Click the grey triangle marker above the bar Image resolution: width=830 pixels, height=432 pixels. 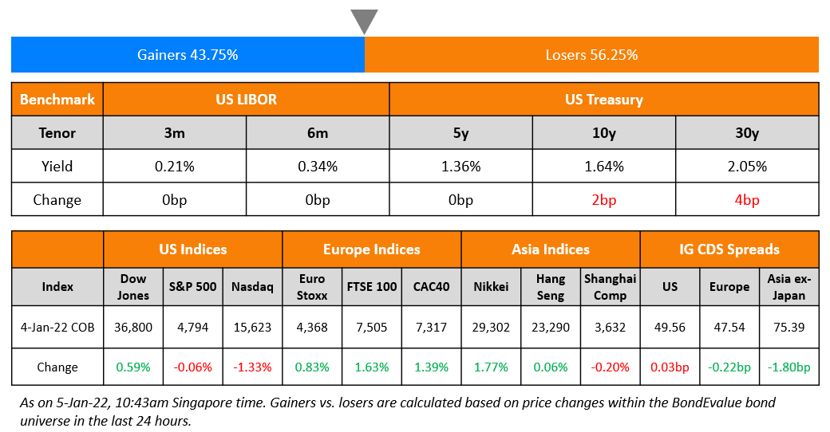point(364,20)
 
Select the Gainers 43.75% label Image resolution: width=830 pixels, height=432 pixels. point(188,55)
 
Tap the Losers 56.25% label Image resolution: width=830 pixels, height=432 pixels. point(591,55)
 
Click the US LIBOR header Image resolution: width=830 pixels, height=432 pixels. point(247,100)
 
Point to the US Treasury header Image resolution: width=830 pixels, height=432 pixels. point(603,100)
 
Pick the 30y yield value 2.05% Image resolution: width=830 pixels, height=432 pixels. point(747,167)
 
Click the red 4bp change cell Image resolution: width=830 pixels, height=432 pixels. point(747,199)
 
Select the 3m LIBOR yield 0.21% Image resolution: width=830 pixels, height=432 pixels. point(174,167)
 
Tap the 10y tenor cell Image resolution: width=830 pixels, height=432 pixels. point(604,133)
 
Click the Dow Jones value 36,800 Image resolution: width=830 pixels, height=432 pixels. point(133,326)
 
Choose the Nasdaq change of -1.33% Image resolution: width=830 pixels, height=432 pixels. point(251,367)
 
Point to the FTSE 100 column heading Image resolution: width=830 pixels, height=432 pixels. point(372,287)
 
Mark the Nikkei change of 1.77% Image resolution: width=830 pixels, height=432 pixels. point(492,367)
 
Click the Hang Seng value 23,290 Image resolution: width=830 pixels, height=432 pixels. point(551,326)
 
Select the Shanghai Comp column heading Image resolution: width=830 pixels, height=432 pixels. point(611,287)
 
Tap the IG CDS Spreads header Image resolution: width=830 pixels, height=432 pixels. point(729,249)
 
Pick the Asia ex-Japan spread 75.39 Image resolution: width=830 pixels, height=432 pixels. point(788,326)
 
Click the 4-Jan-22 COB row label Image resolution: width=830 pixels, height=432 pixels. point(57,326)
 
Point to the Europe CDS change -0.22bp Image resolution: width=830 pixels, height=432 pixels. point(729,367)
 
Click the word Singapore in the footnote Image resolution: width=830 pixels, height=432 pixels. point(233,404)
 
